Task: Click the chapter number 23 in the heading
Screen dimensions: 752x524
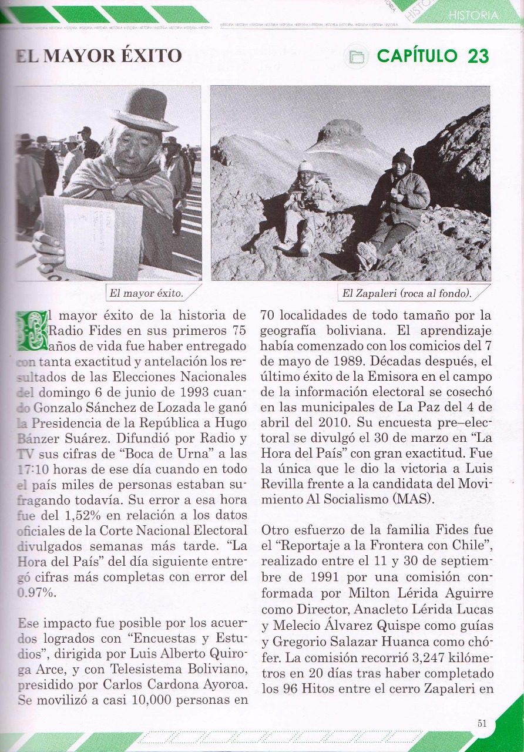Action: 478,56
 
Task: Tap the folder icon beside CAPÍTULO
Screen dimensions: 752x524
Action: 355,56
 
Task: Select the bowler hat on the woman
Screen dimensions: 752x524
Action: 144,110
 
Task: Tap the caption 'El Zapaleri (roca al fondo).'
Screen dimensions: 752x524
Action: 407,293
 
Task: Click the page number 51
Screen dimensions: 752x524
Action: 482,724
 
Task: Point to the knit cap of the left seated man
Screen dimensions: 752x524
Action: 305,166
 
